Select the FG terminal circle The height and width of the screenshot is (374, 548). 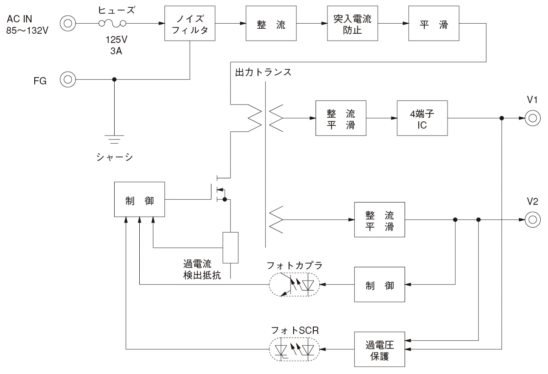pos(68,79)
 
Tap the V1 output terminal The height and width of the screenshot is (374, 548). pos(531,118)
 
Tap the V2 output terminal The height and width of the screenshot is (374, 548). pos(531,219)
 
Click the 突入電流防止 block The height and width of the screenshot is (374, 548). pos(353,25)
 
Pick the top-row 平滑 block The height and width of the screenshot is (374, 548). pos(433,25)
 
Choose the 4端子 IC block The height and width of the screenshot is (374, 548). pos(422,118)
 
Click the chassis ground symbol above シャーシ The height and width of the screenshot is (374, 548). pos(114,139)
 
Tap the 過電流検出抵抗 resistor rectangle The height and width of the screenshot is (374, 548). pos(231,248)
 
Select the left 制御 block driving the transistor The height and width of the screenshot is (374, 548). pos(139,200)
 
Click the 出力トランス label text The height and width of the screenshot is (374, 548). pos(263,73)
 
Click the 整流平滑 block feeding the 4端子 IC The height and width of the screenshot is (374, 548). pos(341,118)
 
